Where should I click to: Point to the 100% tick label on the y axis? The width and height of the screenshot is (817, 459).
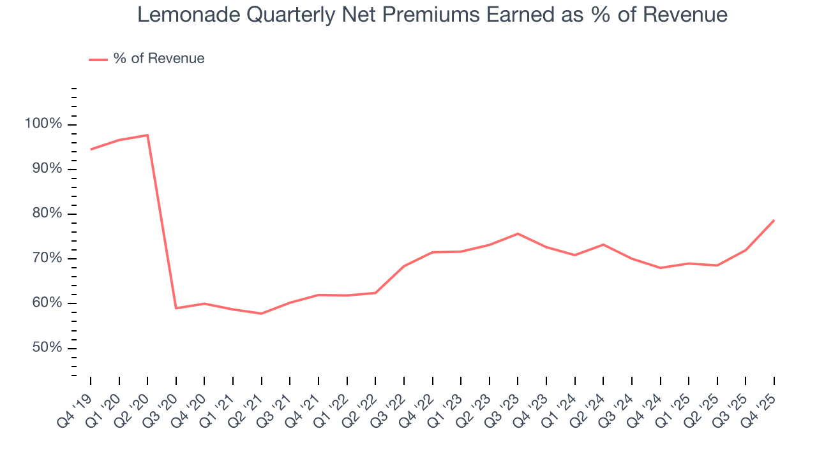[x=44, y=124]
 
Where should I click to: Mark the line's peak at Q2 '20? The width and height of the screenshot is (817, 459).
[x=147, y=135]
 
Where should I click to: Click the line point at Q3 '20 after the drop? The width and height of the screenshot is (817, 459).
[x=176, y=309]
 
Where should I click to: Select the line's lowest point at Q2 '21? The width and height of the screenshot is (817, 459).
[x=261, y=314]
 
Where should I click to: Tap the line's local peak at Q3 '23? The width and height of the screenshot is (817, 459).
[x=518, y=233]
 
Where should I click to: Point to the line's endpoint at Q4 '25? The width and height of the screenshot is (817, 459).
[x=774, y=221]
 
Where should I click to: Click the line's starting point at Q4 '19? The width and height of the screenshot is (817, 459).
[x=91, y=149]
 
